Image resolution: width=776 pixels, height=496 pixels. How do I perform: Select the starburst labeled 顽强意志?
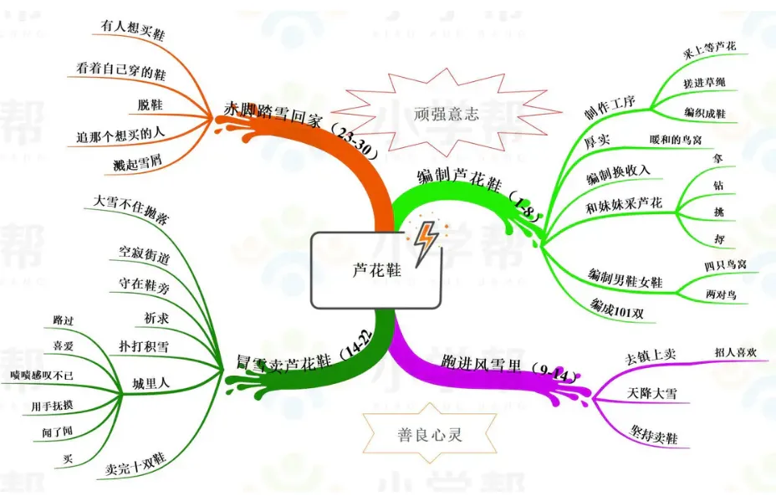click(446, 114)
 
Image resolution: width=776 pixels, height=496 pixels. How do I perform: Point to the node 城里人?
click(151, 383)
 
